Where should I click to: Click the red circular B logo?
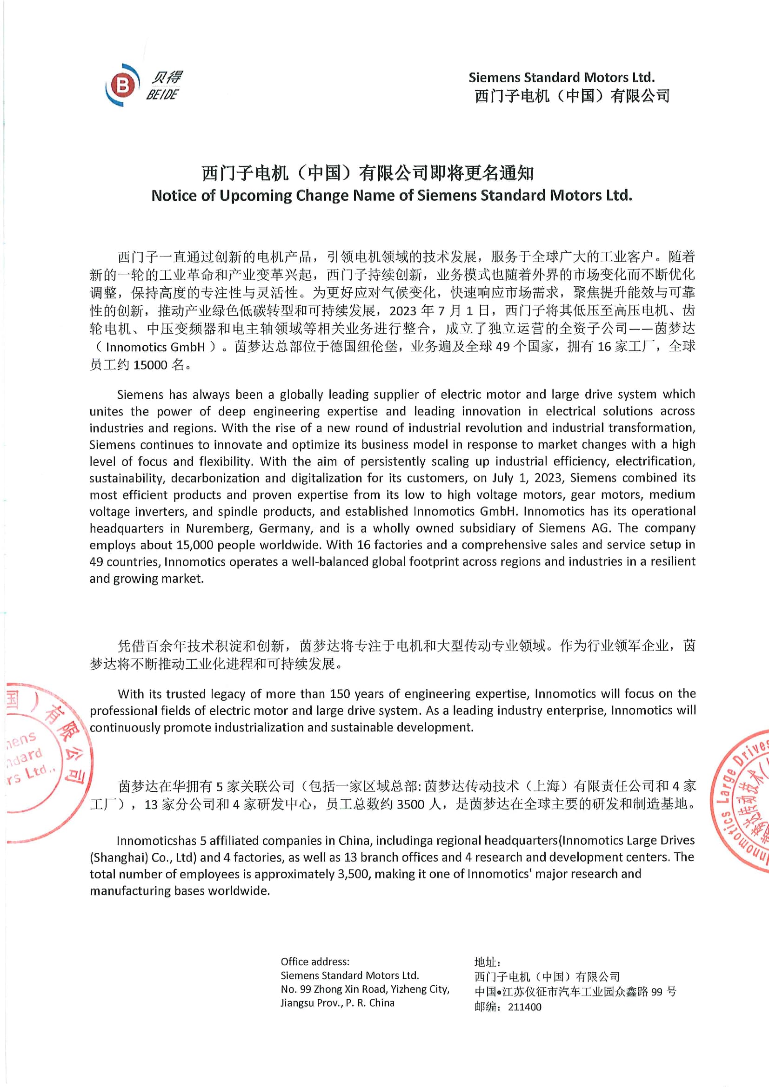122,85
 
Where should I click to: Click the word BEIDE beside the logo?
162,95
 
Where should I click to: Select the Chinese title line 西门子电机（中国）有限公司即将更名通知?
368,173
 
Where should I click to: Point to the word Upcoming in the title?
255,196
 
